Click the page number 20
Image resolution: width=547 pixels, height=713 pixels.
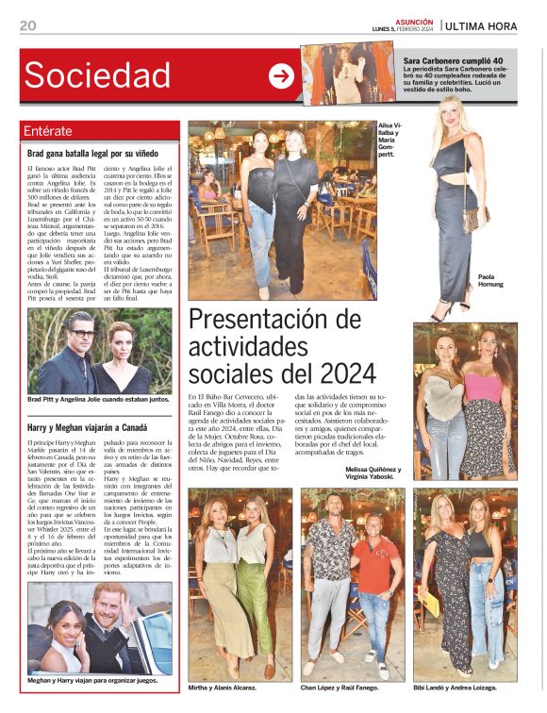27,25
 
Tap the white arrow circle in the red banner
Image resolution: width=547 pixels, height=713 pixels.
281,75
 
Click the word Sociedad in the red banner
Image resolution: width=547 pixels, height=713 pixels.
98,75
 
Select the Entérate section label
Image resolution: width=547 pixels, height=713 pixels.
48,131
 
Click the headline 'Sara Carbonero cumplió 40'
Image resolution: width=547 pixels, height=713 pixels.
458,58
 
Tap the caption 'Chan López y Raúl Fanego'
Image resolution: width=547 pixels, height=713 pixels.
351,687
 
